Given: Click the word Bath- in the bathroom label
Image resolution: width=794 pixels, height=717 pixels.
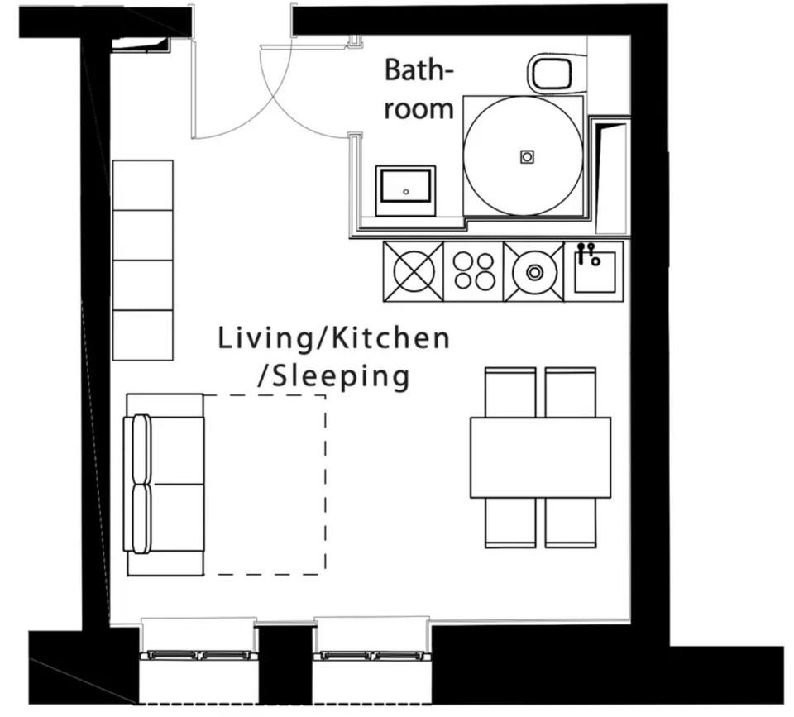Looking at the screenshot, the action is pyautogui.click(x=419, y=69).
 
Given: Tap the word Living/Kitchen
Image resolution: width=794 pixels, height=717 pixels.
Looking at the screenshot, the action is pyautogui.click(x=333, y=338).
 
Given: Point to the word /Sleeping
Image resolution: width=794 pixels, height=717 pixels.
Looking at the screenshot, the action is pyautogui.click(x=333, y=377).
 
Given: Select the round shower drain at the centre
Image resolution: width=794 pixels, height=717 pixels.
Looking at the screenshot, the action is pyautogui.click(x=527, y=156).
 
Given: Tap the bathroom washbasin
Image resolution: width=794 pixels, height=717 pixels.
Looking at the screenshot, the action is pyautogui.click(x=405, y=190).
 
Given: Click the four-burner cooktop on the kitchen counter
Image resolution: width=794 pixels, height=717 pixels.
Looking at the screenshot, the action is pyautogui.click(x=473, y=271).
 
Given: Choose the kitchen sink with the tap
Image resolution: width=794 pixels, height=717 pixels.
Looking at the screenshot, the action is pyautogui.click(x=594, y=271).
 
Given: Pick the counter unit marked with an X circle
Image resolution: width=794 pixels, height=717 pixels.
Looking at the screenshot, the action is pyautogui.click(x=414, y=271).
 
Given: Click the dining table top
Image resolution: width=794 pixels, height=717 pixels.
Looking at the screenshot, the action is pyautogui.click(x=540, y=457).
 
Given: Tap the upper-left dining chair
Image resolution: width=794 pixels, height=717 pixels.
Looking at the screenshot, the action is pyautogui.click(x=510, y=392).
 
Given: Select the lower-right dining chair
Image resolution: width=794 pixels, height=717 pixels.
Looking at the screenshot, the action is pyautogui.click(x=571, y=523).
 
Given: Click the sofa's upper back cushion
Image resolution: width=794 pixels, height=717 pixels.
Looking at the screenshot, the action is pyautogui.click(x=141, y=450).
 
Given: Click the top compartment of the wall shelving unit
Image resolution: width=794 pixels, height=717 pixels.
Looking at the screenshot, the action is pyautogui.click(x=143, y=185).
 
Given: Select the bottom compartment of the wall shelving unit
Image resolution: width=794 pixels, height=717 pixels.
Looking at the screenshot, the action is pyautogui.click(x=143, y=335).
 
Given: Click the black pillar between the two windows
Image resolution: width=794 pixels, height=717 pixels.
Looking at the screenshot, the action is pyautogui.click(x=285, y=665).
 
